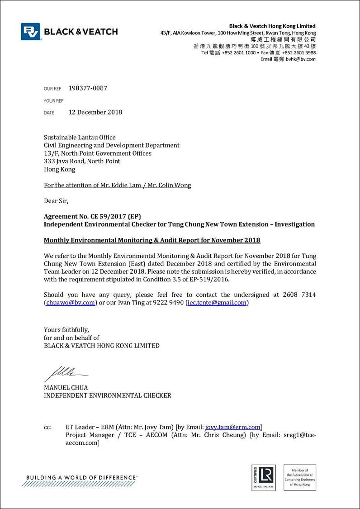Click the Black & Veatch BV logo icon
(x=31, y=32)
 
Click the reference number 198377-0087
(x=88, y=88)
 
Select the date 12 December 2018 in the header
(x=95, y=112)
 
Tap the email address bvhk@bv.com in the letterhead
(x=301, y=59)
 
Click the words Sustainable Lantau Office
(x=80, y=137)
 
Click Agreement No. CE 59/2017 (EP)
(x=95, y=216)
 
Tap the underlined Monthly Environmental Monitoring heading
(x=152, y=240)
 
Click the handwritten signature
(x=64, y=374)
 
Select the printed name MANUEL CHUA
(x=66, y=388)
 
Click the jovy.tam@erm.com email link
(x=233, y=427)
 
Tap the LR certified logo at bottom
(x=263, y=477)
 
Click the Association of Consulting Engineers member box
(x=300, y=477)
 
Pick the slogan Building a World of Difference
(x=82, y=477)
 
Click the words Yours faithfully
(x=66, y=329)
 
